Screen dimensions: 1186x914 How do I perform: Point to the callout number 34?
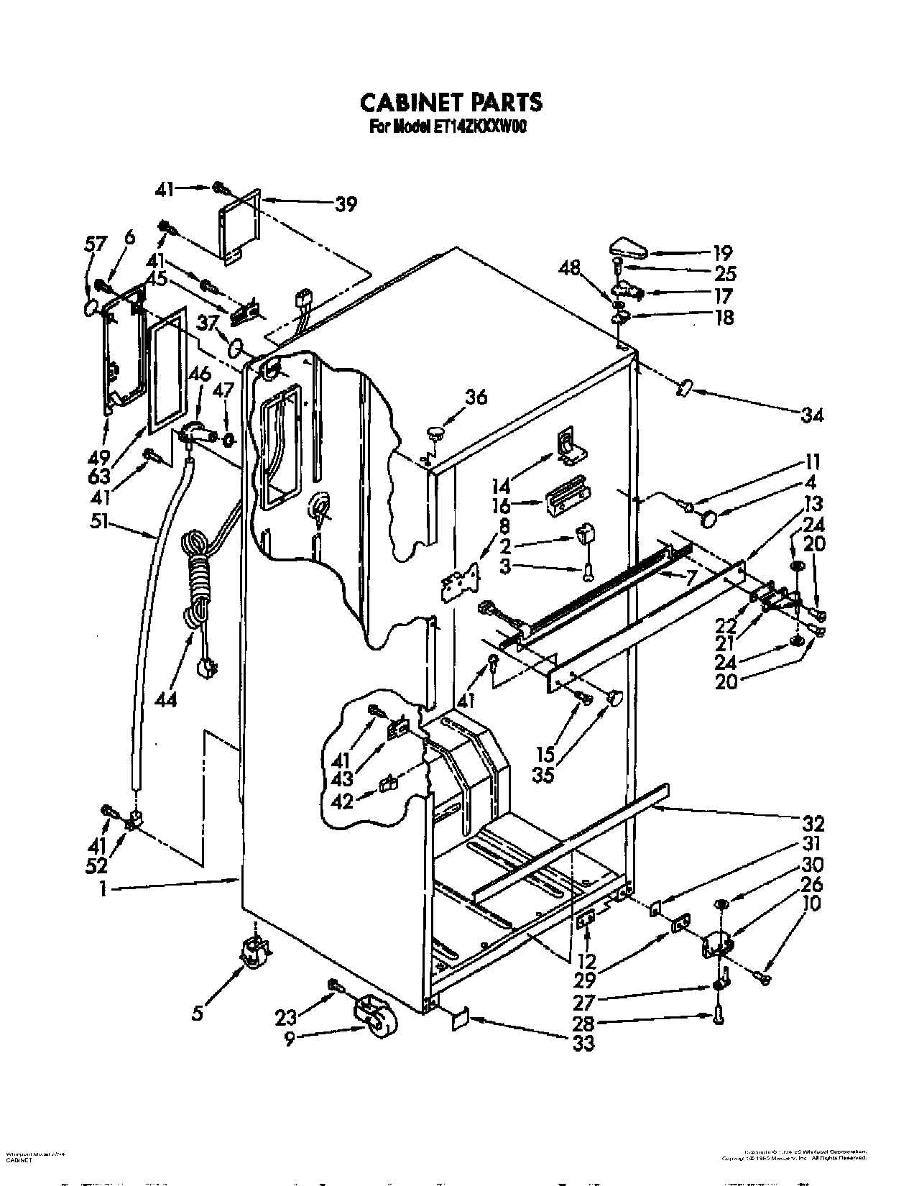[813, 414]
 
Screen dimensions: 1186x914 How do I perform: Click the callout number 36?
[476, 396]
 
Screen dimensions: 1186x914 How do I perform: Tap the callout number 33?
[584, 1043]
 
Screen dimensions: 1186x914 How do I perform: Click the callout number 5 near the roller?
[198, 1013]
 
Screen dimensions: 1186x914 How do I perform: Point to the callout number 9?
[289, 1039]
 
